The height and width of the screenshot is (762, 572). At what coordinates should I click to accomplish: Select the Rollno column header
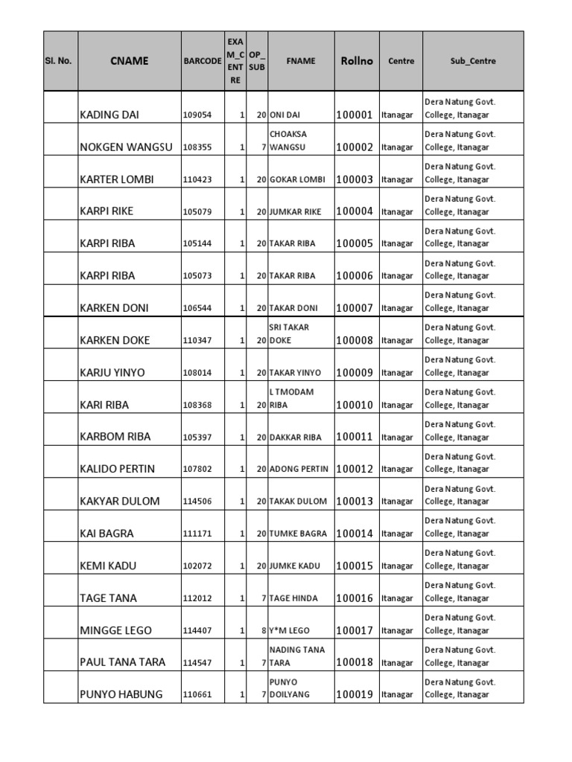click(x=357, y=61)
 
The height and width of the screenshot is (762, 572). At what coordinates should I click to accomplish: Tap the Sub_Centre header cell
click(x=473, y=61)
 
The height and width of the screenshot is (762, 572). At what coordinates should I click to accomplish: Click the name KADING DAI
click(x=109, y=115)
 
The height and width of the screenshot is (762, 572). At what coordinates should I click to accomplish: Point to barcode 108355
click(x=197, y=147)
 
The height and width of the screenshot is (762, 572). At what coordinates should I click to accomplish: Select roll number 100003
click(x=355, y=179)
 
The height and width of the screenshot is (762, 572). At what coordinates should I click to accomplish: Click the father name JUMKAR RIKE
click(x=296, y=212)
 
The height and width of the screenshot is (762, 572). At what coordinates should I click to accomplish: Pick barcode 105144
click(x=197, y=244)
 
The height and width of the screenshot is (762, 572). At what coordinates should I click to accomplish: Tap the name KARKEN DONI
click(x=114, y=308)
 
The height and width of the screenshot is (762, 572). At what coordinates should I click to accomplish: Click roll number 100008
click(x=355, y=340)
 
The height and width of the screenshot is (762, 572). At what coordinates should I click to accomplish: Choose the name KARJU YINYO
click(x=112, y=373)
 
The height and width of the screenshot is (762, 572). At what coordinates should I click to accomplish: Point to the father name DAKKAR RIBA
click(x=296, y=438)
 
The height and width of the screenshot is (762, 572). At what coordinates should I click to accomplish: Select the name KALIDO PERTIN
click(x=118, y=469)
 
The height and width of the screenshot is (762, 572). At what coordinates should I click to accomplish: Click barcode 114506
click(x=197, y=502)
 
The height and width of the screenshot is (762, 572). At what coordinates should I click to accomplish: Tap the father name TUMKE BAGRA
click(x=298, y=534)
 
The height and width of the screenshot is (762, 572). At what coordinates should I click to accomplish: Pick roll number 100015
click(x=355, y=566)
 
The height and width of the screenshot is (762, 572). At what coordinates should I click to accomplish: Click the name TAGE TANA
click(x=108, y=598)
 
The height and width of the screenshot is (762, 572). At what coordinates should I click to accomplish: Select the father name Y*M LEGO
click(x=290, y=631)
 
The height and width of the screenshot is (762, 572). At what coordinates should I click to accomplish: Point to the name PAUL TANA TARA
click(x=123, y=662)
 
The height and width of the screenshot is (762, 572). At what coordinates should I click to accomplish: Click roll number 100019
click(x=355, y=695)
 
